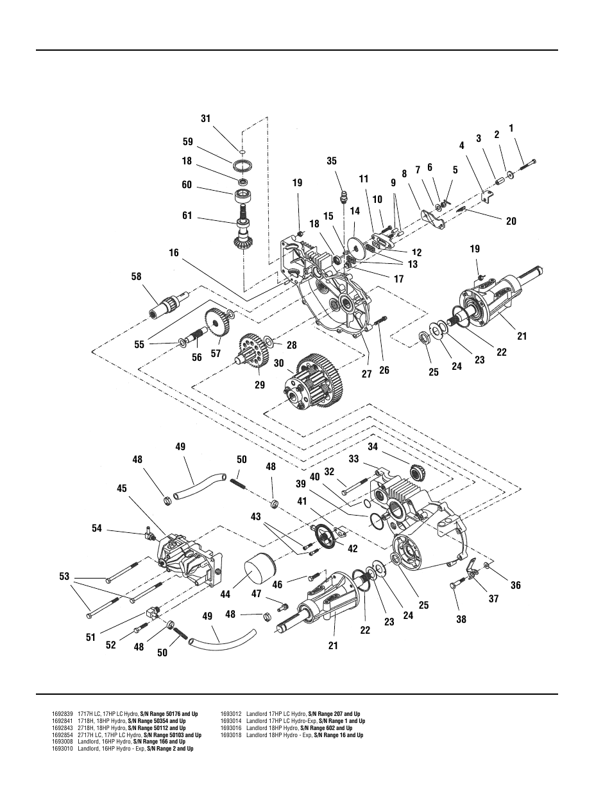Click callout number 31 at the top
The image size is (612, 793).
pyautogui.click(x=205, y=119)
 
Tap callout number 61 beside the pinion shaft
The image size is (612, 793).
pyautogui.click(x=187, y=216)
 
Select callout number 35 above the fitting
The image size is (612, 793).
pyautogui.click(x=331, y=161)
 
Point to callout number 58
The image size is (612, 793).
pyautogui.click(x=137, y=277)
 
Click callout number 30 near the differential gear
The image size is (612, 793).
pyautogui.click(x=278, y=363)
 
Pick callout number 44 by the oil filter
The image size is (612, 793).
pyautogui.click(x=225, y=595)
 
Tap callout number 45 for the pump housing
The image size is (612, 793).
pyautogui.click(x=122, y=489)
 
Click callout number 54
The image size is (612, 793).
pyautogui.click(x=97, y=528)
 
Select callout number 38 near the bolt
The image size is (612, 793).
pyautogui.click(x=461, y=620)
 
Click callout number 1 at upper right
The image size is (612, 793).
pyautogui.click(x=511, y=128)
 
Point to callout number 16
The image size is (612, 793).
pyautogui.click(x=174, y=253)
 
